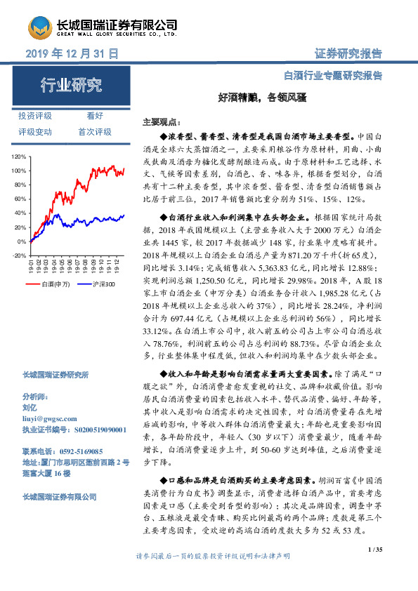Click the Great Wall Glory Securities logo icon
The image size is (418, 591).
(37, 28)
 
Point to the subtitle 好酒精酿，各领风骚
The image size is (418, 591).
(249, 98)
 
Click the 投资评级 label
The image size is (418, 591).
(35, 117)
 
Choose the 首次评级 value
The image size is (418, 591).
(95, 132)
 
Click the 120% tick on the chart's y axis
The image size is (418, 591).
(19, 157)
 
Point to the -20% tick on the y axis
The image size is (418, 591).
(19, 255)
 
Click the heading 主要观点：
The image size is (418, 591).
(161, 121)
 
